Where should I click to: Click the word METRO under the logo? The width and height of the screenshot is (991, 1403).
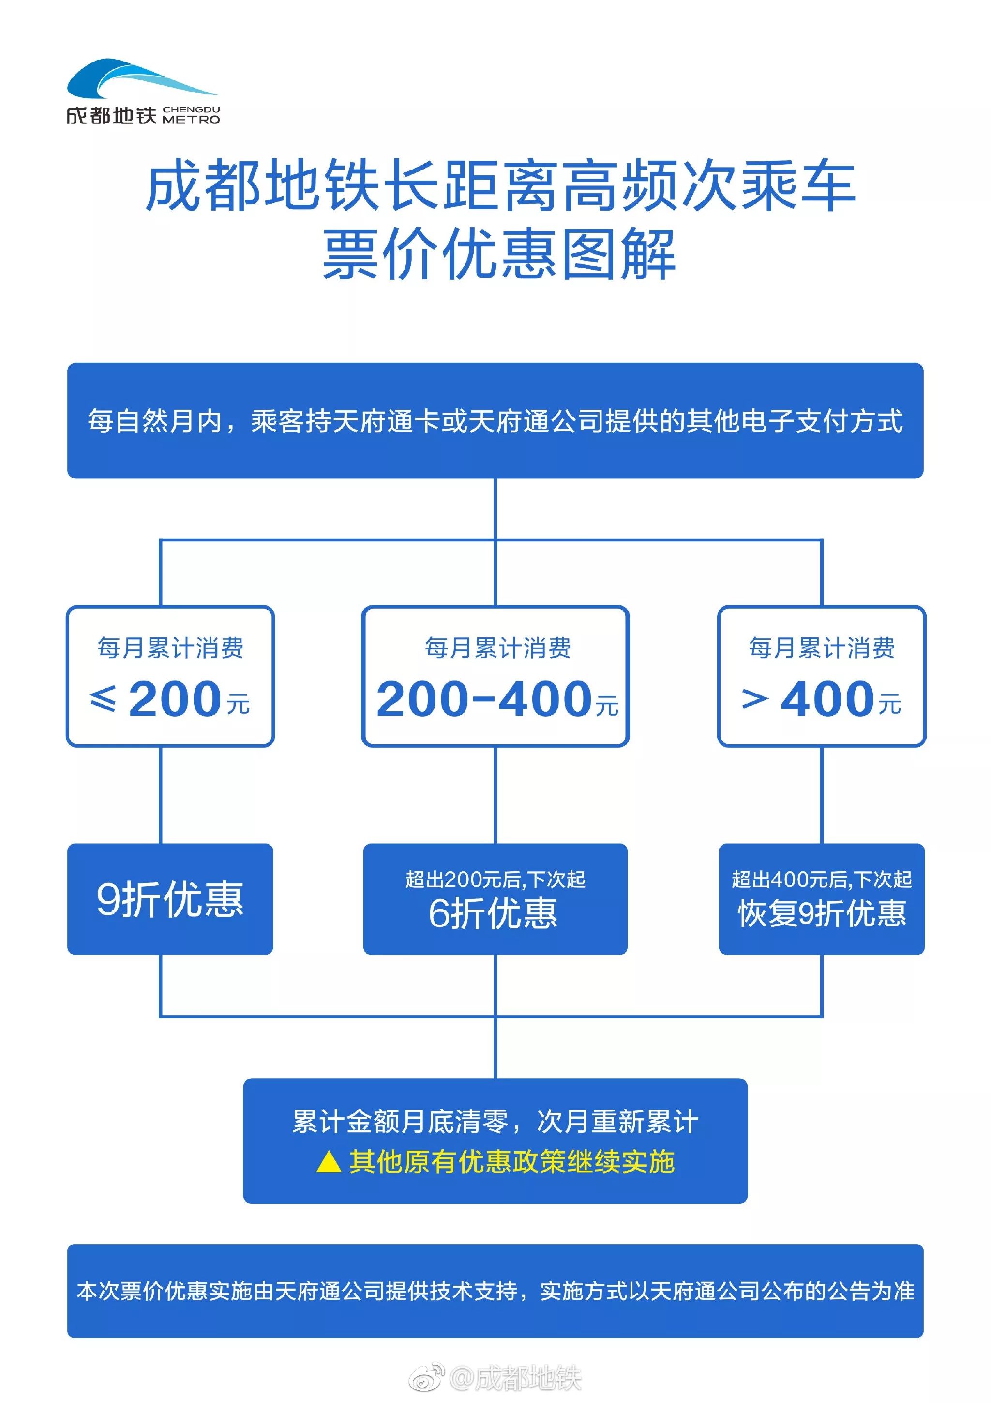click(191, 120)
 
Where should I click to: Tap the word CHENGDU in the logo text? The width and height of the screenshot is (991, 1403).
click(191, 109)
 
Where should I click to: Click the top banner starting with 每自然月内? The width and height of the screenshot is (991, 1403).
click(495, 420)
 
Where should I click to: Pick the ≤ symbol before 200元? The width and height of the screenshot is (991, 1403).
click(103, 699)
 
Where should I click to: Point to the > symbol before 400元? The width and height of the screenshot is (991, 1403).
click(755, 699)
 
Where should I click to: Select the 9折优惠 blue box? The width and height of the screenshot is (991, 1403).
click(170, 898)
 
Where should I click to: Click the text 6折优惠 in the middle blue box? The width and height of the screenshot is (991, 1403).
click(493, 913)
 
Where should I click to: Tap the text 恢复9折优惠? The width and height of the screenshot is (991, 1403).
click(822, 913)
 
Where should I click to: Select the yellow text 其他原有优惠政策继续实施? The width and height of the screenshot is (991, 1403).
click(511, 1161)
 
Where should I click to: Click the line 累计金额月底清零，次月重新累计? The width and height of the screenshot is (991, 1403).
click(495, 1121)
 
